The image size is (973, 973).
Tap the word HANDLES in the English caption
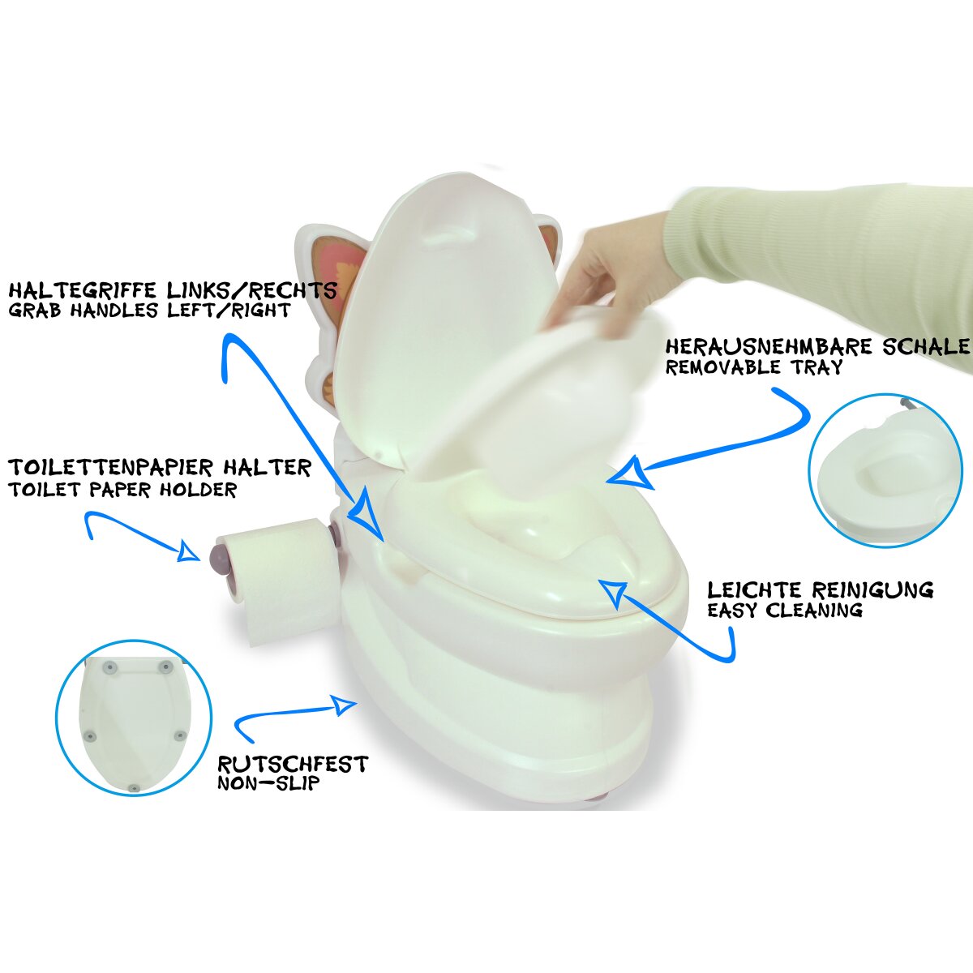[114, 310]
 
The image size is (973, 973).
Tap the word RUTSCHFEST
[293, 765]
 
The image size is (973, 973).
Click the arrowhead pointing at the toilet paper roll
[187, 552]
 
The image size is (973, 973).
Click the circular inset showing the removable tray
[885, 470]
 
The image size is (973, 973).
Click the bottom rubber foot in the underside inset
[133, 788]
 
